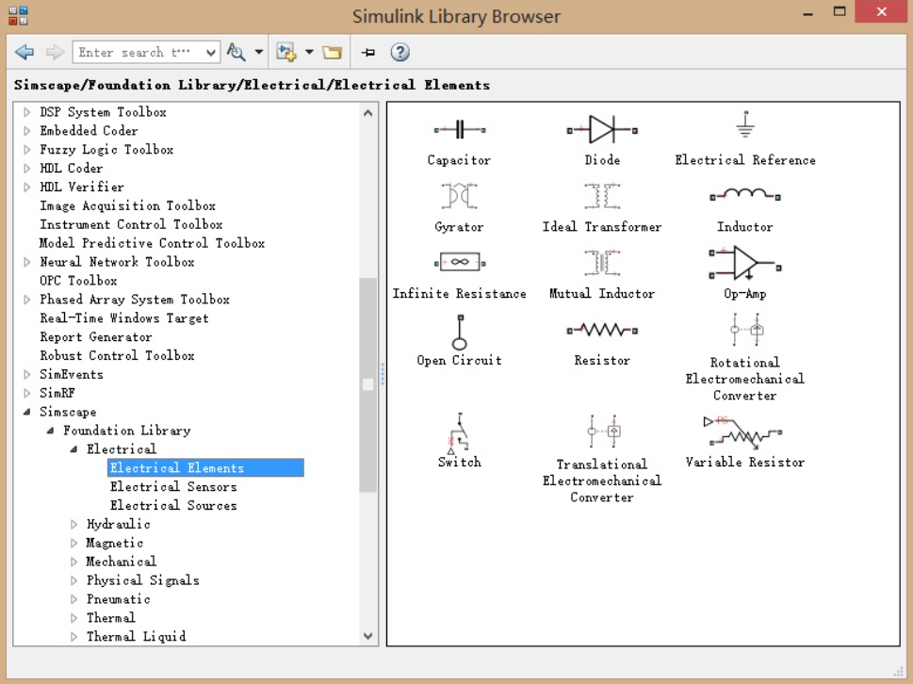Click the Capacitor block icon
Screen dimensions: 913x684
pos(460,130)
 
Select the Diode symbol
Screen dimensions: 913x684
pos(602,129)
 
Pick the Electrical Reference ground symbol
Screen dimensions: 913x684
pos(745,124)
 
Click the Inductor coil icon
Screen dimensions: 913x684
pos(745,195)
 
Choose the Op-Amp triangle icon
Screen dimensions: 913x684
pos(745,263)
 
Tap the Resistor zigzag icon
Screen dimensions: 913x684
pos(602,330)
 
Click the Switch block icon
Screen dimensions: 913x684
pos(458,433)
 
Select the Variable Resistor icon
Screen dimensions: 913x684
pos(742,432)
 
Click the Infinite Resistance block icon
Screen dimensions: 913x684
pos(460,263)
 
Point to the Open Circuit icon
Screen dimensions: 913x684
pos(460,332)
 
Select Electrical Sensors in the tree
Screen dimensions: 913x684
pos(173,487)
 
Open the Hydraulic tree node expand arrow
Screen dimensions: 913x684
pos(73,525)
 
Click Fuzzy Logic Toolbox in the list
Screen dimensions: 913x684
pos(106,150)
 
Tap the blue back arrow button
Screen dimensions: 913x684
pos(24,53)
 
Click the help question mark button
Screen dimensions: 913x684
pos(400,53)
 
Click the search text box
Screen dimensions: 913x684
pos(139,53)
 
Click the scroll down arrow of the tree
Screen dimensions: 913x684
pos(368,636)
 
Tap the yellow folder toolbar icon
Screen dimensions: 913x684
pos(333,53)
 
